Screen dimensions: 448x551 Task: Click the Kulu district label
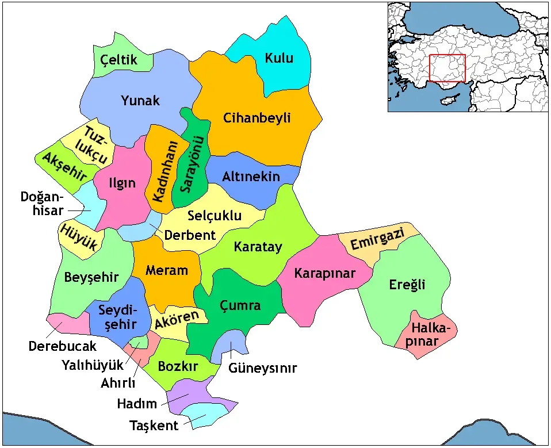pos(279,58)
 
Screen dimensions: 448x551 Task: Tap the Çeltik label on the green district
pos(118,60)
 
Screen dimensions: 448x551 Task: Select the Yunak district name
pos(140,101)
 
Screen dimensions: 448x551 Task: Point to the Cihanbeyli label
pos(257,118)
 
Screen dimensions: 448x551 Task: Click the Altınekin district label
pos(251,177)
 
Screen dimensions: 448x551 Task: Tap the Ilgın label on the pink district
pos(123,183)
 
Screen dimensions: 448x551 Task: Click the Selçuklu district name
pos(214,216)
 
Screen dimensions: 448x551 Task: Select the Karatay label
pos(258,247)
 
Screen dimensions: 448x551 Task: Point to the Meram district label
pos(166,270)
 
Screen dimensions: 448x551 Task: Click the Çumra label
pos(240,305)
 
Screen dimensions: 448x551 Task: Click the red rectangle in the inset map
pos(447,68)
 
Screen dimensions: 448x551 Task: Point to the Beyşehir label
pos(91,277)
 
